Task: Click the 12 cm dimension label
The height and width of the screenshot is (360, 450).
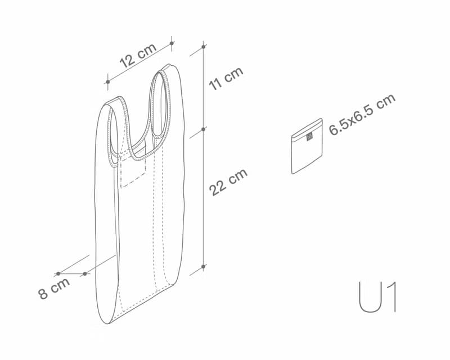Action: pyautogui.click(x=138, y=56)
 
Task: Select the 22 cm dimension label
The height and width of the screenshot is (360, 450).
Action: pyautogui.click(x=228, y=182)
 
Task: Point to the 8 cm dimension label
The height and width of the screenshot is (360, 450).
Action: pyautogui.click(x=54, y=289)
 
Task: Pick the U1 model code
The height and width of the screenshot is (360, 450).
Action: pyautogui.click(x=377, y=297)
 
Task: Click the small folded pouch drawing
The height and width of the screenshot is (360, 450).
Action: pyautogui.click(x=307, y=146)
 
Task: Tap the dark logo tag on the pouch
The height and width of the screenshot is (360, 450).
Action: pyautogui.click(x=309, y=137)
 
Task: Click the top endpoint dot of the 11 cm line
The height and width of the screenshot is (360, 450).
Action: pyautogui.click(x=204, y=47)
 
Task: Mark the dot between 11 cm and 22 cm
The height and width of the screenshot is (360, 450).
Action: pyautogui.click(x=204, y=129)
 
